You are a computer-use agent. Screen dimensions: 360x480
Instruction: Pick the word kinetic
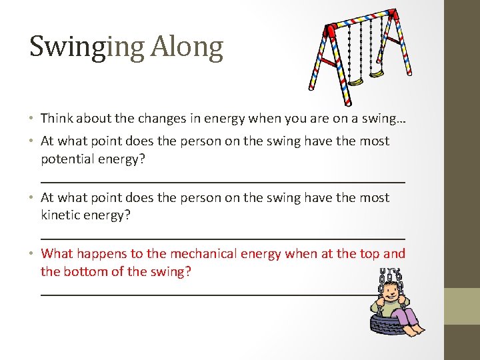tap(61, 215)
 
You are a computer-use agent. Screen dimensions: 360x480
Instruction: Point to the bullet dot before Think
tap(32, 119)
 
